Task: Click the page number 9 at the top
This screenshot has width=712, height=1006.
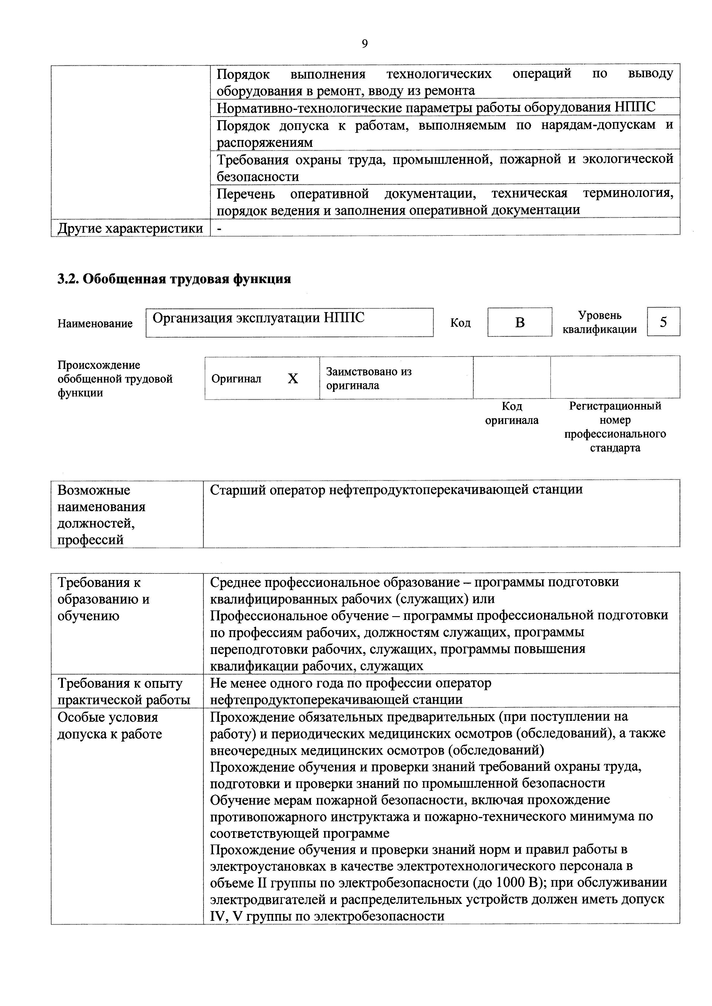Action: pos(365,44)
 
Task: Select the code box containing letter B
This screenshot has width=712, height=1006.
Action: pos(520,322)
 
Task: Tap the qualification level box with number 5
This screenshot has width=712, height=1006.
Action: pos(663,322)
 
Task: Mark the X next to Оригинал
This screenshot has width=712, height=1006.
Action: pos(293,379)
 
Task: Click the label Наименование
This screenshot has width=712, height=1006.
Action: pos(95,324)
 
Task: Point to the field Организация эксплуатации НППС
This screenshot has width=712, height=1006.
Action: pos(289,322)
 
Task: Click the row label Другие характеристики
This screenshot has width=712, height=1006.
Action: pos(130,228)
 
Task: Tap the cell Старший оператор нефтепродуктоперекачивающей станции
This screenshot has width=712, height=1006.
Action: pos(396,489)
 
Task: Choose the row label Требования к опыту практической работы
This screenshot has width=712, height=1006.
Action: pos(124,691)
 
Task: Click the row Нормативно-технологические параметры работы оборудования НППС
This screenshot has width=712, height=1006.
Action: pos(436,107)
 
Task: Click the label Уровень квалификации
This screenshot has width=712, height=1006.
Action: pos(599,322)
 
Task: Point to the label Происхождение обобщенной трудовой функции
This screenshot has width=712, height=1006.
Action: pos(115,379)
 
